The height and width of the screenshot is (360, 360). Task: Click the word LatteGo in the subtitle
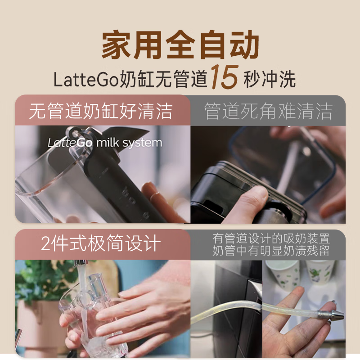(x=86, y=80)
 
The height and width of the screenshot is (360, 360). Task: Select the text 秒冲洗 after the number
(x=269, y=80)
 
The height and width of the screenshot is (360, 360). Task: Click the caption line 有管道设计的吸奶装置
(x=271, y=238)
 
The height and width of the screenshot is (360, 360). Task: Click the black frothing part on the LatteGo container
(x=108, y=180)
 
